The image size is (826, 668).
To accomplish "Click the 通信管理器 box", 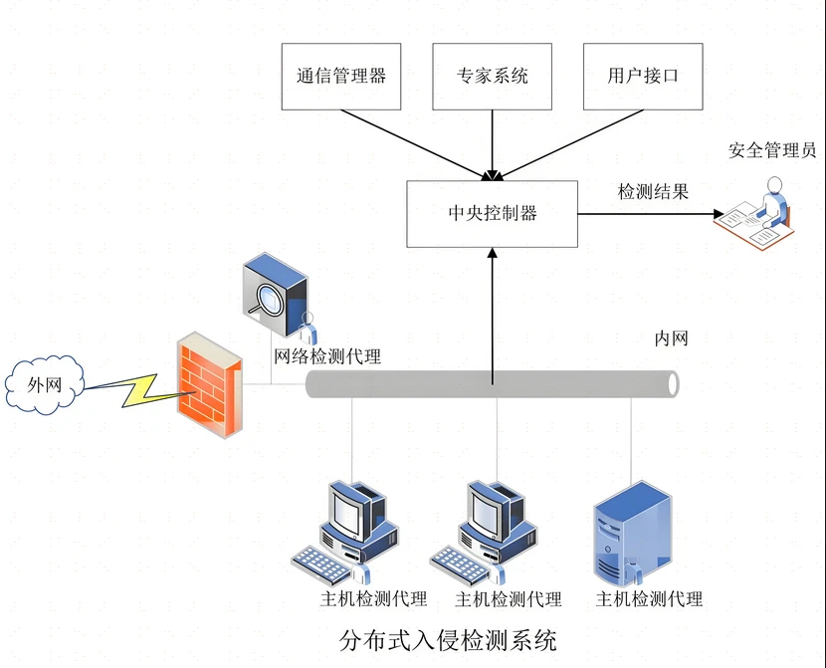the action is point(341,77).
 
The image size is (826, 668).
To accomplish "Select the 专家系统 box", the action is point(492,77).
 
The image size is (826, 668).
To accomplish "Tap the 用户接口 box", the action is point(643,77).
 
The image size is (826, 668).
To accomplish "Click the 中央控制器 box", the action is point(492,214).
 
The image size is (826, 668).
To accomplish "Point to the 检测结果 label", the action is point(653,191).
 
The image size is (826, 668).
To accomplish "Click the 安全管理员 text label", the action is point(772,150).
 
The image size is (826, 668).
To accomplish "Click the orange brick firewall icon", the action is point(210,384).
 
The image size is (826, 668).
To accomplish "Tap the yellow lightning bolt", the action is point(138,390).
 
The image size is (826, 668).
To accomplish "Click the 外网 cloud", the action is point(45,384).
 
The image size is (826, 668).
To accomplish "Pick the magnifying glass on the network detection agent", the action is point(265,301).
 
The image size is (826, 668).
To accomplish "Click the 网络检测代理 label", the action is point(327,356).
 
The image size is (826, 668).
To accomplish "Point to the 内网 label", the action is point(671,338).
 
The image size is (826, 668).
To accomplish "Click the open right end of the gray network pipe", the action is point(673,384).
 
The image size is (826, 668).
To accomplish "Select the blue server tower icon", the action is point(633,534).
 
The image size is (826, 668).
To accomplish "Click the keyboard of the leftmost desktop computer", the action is point(321,565).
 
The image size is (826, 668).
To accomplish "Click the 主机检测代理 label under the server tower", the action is point(649,599).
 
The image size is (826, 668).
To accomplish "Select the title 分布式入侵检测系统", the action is point(448,640).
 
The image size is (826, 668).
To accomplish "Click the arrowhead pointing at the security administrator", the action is point(719,214).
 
